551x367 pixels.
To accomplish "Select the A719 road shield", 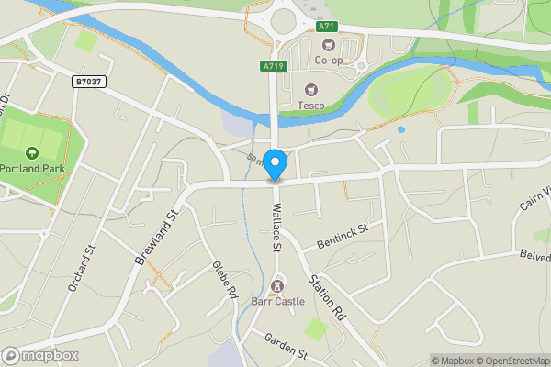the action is tap(272, 66).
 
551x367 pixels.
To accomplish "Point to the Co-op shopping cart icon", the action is tap(329, 45).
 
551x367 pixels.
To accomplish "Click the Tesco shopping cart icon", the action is tap(310, 90).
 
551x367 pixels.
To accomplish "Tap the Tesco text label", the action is tap(310, 105).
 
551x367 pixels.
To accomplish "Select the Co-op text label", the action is tap(329, 60).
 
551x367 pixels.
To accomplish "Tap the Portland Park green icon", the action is tap(32, 153).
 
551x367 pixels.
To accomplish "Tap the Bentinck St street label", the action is tap(342, 236).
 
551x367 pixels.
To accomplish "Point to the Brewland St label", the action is tap(155, 238).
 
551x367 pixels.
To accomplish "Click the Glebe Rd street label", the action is tap(226, 281).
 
